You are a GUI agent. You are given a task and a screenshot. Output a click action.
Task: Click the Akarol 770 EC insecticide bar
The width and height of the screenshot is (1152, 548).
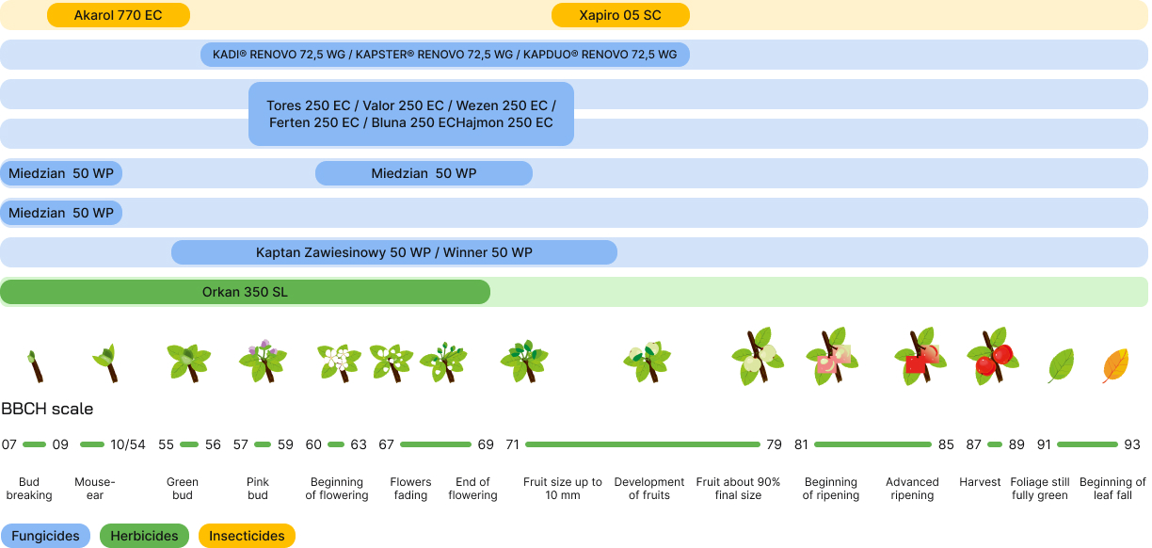118,15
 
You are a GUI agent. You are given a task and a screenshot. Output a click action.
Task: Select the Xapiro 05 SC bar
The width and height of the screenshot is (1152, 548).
620,15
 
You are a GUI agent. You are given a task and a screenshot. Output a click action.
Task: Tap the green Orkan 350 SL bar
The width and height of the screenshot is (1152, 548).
245,292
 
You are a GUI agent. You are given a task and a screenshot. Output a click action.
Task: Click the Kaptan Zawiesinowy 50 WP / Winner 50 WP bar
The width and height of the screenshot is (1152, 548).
393,252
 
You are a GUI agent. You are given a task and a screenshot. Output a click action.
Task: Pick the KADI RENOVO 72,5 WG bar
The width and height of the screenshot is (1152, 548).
444,55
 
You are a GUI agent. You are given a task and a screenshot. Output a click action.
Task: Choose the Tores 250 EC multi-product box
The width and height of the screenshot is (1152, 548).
410,114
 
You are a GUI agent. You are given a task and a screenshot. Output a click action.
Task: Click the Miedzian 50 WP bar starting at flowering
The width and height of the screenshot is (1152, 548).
424,173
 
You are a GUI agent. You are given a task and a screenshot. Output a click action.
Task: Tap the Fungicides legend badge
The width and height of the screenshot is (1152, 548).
46,536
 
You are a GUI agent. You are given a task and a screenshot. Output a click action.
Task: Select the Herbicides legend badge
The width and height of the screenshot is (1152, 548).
144,536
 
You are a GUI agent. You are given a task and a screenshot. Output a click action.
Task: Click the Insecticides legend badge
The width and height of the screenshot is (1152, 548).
247,536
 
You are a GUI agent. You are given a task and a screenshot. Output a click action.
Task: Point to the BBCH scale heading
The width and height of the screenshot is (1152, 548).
47,409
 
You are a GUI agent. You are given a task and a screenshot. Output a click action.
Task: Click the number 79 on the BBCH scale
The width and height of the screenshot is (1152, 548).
774,444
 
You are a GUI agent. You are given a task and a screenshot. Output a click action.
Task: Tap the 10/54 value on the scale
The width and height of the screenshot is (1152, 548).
128,444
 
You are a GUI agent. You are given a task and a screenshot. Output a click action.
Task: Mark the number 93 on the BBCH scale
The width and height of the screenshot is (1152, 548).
1131,444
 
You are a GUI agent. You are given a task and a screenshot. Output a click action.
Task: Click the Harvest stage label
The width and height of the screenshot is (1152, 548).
980,482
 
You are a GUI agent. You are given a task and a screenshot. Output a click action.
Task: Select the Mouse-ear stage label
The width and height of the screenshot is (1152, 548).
94,489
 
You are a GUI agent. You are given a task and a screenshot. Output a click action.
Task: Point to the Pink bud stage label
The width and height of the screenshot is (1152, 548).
258,489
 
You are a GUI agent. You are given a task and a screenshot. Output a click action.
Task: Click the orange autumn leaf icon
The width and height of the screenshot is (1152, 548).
1115,365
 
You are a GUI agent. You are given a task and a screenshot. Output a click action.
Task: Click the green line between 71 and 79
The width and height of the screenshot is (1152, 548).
642,444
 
